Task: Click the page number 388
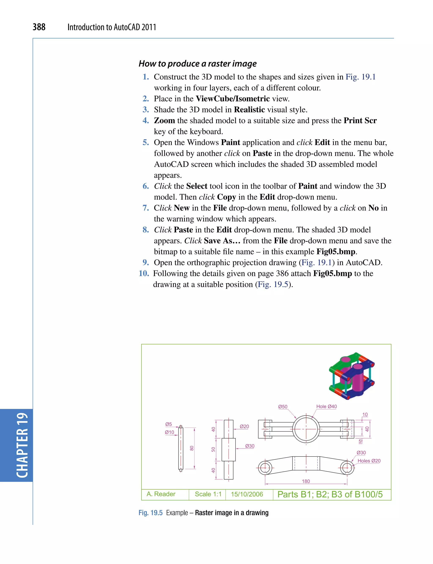(x=39, y=27)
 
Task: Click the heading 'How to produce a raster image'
(x=197, y=63)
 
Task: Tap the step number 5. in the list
(x=146, y=142)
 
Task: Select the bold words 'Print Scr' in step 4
(x=360, y=120)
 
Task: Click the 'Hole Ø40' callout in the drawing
(x=326, y=406)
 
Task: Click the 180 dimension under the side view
(x=306, y=481)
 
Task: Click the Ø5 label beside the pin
(x=168, y=424)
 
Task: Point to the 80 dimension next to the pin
(x=192, y=448)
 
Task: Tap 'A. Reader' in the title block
(x=161, y=494)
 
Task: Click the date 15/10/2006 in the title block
(x=247, y=494)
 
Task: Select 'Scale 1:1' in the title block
(x=208, y=494)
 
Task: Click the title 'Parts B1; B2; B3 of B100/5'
(x=330, y=494)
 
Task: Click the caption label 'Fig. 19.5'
(x=151, y=513)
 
